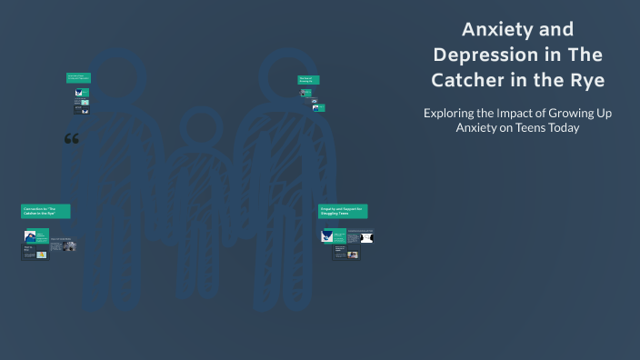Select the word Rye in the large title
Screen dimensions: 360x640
coord(586,81)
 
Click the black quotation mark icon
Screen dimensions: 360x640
coord(72,139)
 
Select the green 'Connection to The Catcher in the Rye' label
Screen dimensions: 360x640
coord(45,211)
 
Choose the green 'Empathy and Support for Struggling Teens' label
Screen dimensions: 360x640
coord(343,211)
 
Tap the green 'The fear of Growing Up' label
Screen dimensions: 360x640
coord(308,80)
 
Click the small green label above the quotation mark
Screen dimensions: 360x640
coord(78,78)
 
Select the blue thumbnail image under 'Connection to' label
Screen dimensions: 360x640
coord(30,236)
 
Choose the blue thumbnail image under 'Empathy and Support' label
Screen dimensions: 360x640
coord(328,236)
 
